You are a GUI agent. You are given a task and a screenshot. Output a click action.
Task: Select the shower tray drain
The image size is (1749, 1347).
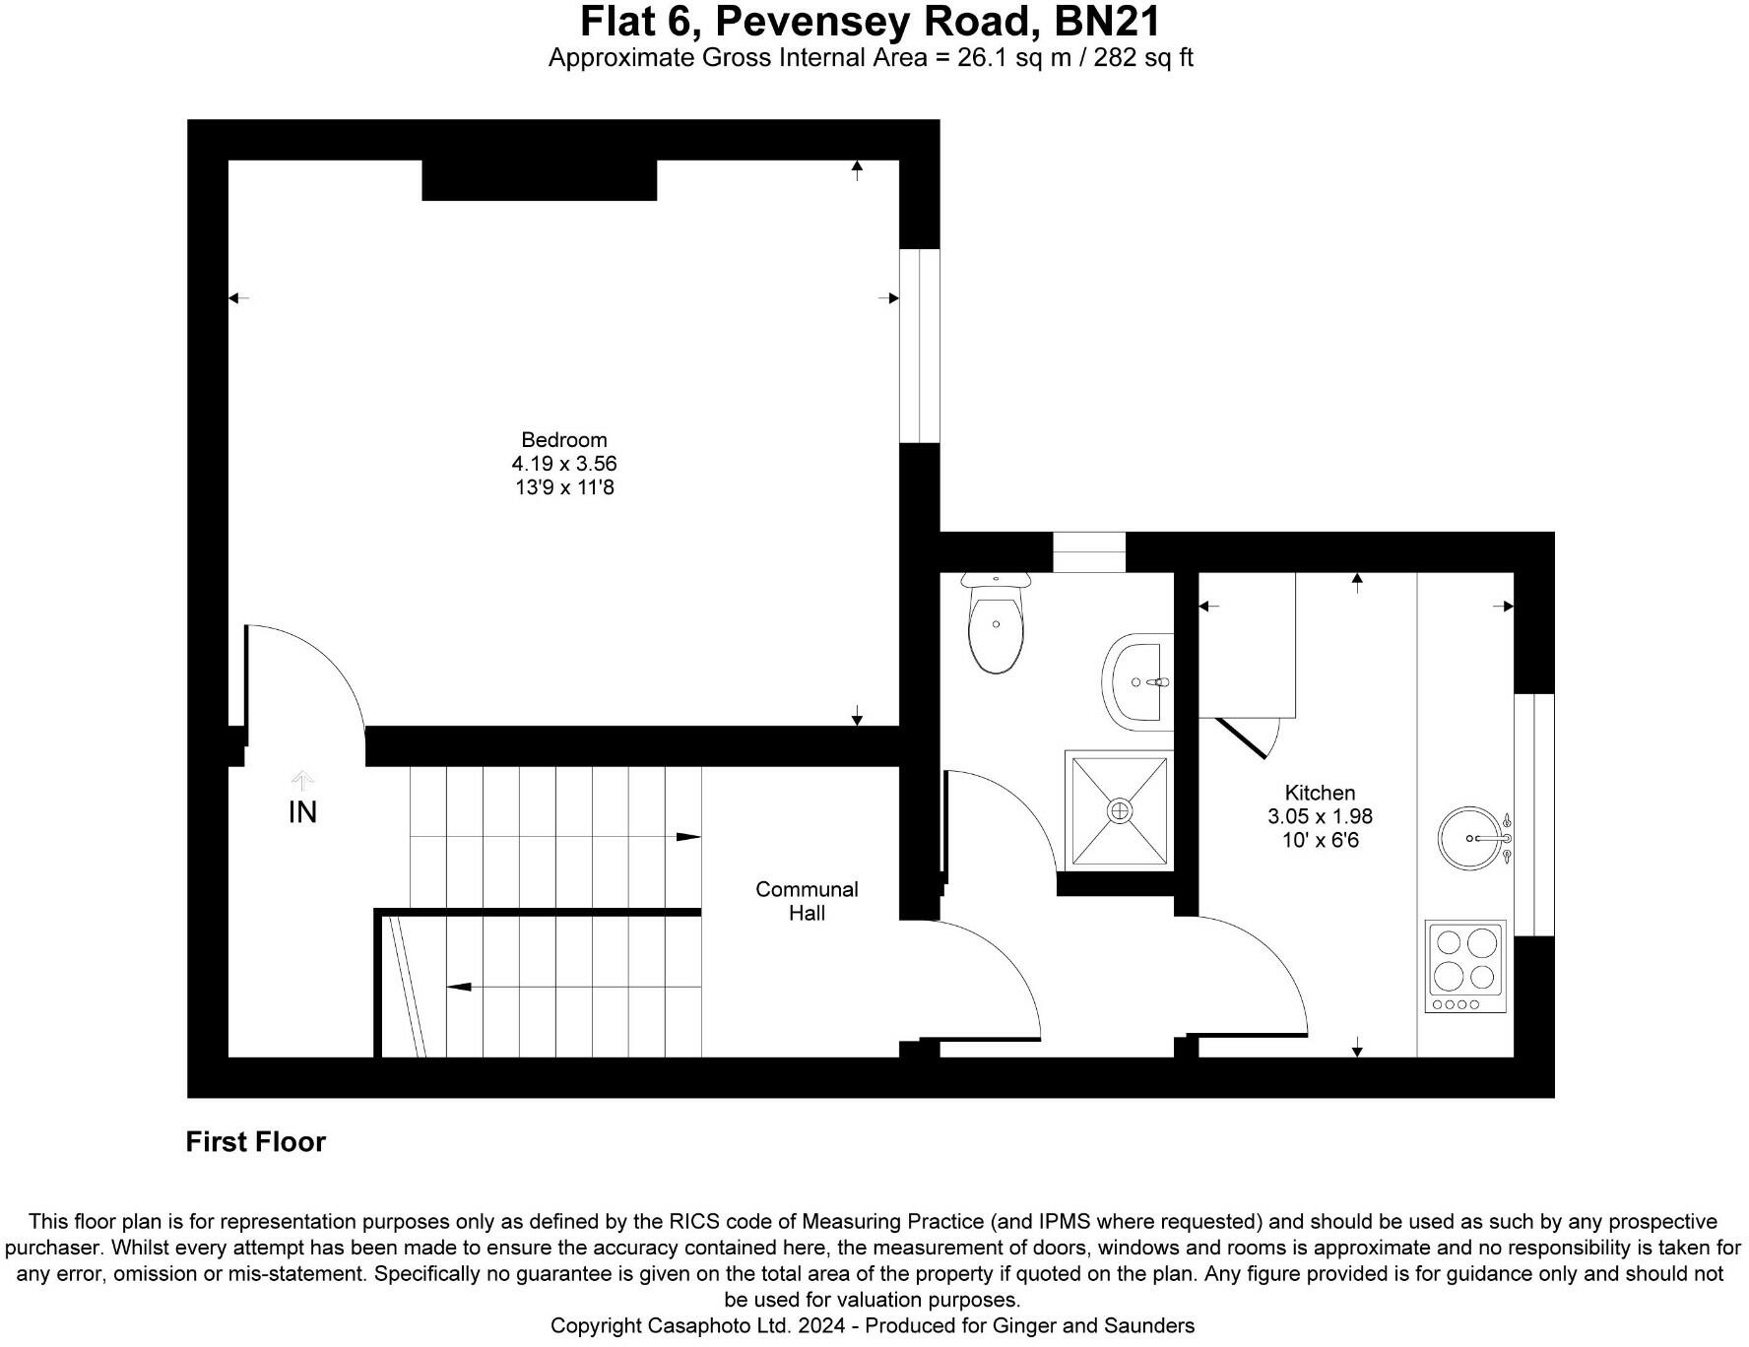tap(1119, 810)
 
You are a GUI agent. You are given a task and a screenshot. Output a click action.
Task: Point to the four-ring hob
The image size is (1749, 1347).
tap(1465, 966)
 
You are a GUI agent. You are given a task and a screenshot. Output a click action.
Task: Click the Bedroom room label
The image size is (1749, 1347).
tap(563, 440)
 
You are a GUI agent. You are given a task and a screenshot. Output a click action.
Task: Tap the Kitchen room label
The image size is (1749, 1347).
tap(1320, 793)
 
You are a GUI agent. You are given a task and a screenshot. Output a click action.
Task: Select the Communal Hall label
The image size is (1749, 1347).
tap(807, 901)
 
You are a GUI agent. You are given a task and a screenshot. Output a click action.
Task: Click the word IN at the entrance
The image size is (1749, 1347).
tap(302, 812)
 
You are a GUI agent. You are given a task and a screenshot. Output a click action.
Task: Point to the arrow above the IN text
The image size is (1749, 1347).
tap(302, 781)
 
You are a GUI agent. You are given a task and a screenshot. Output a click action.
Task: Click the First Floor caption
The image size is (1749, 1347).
tap(255, 1142)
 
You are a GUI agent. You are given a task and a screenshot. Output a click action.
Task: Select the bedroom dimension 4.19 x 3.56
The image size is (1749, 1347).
tap(563, 464)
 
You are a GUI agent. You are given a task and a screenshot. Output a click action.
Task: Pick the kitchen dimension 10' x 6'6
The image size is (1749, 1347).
tap(1320, 840)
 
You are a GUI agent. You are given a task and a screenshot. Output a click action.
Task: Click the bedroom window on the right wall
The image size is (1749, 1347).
tap(919, 346)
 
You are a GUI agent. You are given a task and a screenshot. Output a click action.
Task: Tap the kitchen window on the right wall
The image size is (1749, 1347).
tap(1533, 814)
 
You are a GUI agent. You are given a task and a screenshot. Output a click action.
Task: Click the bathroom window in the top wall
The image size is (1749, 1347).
tap(1089, 552)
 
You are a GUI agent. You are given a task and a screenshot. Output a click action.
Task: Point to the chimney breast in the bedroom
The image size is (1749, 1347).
tap(539, 180)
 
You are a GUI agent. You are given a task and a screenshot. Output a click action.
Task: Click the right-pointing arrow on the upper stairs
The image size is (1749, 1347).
tap(687, 837)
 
